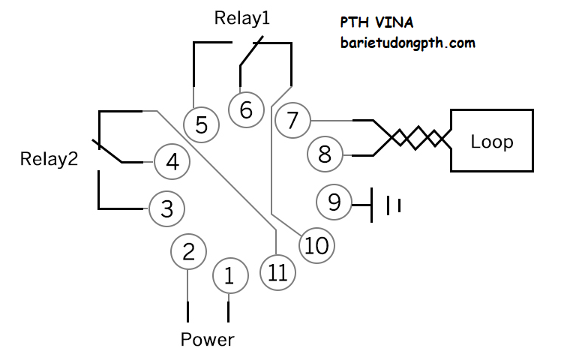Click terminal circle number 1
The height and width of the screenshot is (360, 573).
(229, 276)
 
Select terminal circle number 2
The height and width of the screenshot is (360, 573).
(188, 252)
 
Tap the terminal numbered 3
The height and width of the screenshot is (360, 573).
(166, 209)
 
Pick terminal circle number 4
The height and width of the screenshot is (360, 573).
(172, 162)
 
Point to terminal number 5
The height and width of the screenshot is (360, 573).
(201, 124)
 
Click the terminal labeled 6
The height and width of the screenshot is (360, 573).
(246, 110)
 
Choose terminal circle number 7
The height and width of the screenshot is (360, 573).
(292, 120)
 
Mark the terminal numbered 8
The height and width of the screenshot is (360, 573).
(325, 154)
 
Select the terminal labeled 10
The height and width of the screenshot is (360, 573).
(316, 245)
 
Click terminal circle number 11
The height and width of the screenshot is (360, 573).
(277, 272)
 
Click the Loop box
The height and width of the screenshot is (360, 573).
(491, 141)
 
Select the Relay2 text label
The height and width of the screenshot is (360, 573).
(49, 159)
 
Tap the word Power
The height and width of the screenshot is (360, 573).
(207, 340)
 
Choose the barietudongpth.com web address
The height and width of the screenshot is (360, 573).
(407, 43)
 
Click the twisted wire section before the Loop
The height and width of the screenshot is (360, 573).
(418, 138)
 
